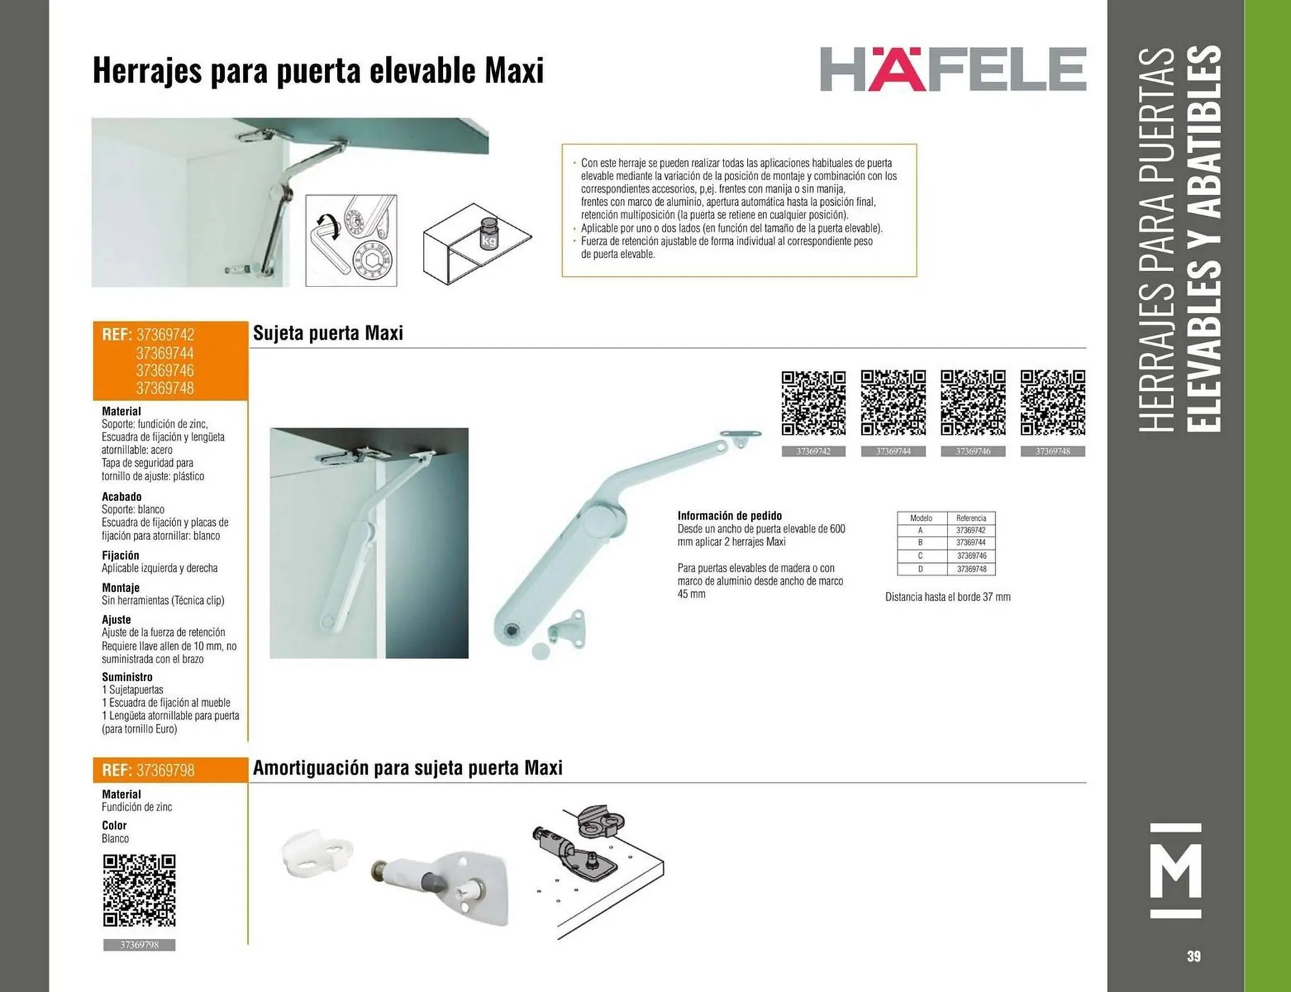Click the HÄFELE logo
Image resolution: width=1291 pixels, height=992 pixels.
click(953, 69)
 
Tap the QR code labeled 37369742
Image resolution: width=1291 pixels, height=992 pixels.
click(813, 402)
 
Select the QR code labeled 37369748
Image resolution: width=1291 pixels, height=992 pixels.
click(1052, 402)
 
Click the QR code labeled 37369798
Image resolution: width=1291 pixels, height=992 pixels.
click(139, 890)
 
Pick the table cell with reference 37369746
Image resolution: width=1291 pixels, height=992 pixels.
click(971, 556)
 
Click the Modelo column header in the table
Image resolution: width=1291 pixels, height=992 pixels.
click(921, 518)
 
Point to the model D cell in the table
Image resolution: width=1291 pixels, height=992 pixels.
click(921, 569)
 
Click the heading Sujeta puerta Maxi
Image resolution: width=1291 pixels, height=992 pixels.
click(328, 333)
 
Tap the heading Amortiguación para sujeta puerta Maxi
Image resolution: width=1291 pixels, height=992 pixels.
click(407, 768)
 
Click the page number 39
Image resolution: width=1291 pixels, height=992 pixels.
click(1194, 956)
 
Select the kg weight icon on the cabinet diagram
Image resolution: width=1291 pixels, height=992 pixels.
click(489, 233)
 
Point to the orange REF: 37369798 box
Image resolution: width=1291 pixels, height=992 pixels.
click(170, 770)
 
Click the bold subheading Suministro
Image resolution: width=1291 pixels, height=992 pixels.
click(127, 677)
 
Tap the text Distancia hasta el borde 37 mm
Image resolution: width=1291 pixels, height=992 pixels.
click(947, 597)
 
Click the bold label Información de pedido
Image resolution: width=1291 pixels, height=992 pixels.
click(730, 516)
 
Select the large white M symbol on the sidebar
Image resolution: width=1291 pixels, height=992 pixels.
click(1175, 870)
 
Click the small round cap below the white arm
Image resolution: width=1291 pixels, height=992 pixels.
click(540, 650)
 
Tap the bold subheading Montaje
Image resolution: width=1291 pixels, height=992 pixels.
click(120, 587)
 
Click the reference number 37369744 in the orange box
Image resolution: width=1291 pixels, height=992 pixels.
click(165, 353)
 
